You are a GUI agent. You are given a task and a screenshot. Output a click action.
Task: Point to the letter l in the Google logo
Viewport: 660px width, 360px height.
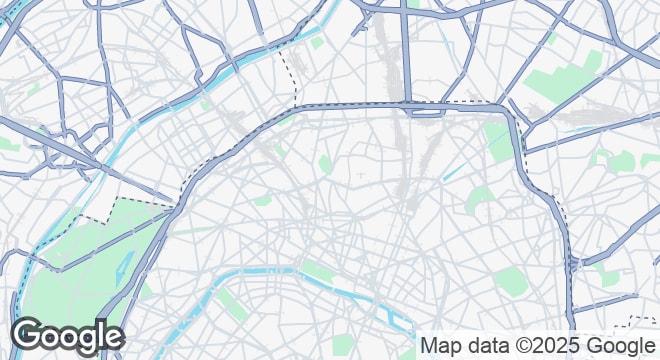click(x=100, y=334)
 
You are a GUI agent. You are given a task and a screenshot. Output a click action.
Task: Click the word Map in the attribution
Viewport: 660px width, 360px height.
click(x=441, y=346)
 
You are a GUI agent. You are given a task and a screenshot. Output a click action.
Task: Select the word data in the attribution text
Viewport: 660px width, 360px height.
click(x=488, y=346)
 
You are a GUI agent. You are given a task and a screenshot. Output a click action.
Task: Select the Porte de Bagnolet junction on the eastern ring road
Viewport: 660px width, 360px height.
click(x=571, y=265)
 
